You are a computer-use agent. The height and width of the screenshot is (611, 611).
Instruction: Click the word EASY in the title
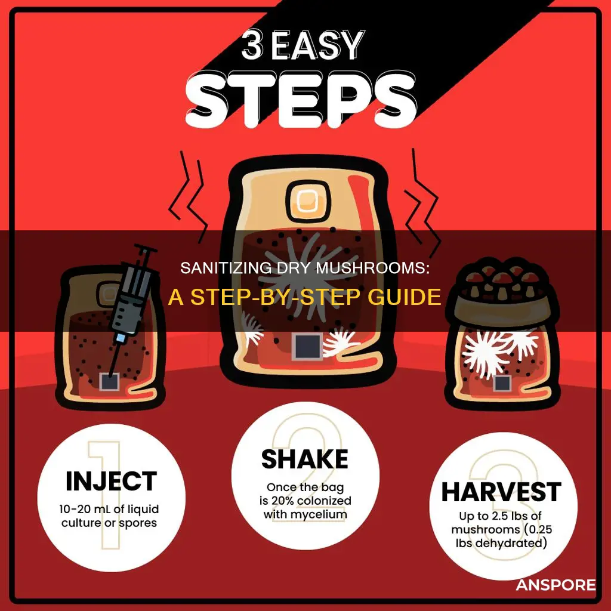pyautogui.click(x=318, y=45)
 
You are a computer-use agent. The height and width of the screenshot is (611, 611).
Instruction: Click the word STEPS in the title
pyautogui.click(x=301, y=100)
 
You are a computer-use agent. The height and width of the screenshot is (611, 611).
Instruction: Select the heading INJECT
pyautogui.click(x=112, y=482)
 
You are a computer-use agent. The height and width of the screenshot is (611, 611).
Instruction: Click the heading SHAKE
pyautogui.click(x=305, y=459)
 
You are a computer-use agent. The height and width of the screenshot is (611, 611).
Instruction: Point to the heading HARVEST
pyautogui.click(x=501, y=492)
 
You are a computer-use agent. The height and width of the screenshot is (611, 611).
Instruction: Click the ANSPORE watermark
pyautogui.click(x=556, y=585)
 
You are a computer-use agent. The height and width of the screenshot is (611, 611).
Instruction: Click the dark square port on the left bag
pyautogui.click(x=109, y=381)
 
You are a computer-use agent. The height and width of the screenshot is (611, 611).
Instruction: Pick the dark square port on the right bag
pyautogui.click(x=501, y=384)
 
